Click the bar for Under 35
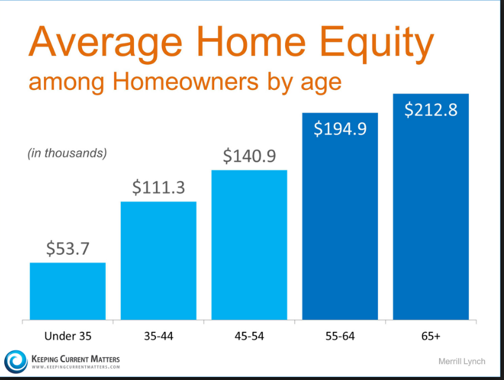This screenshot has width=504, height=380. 68,291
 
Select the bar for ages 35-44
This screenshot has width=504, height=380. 158,261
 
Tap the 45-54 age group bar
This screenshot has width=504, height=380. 249,245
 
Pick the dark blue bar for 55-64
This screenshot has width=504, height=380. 340,216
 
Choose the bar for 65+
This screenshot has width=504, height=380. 431,207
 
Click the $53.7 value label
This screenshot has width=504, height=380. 68,249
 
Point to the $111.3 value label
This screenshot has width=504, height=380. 158,188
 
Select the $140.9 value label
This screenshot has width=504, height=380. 249,156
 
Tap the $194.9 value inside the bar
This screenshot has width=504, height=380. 340,129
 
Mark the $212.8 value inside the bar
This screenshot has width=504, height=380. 431,110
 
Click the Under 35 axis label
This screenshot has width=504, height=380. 68,337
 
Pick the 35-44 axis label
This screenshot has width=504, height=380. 158,337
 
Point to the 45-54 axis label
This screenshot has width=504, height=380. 249,337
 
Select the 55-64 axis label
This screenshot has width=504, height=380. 340,337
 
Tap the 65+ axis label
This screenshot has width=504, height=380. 431,337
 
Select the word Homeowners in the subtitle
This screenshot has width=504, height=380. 186,82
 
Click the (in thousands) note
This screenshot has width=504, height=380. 67,154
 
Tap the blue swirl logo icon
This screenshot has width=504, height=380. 15,362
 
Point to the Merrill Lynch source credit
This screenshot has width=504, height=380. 462,362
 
